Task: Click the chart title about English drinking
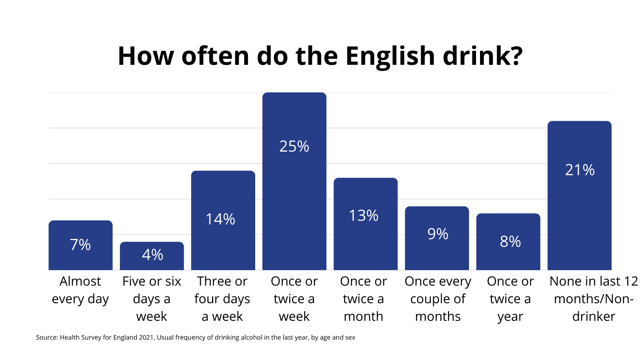click(320, 56)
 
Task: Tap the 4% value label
click(152, 255)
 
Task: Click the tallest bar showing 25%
click(294, 200)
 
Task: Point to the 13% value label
click(364, 216)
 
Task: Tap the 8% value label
click(510, 242)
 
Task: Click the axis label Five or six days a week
click(152, 299)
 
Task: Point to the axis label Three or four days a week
click(222, 299)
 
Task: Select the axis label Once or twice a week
click(294, 299)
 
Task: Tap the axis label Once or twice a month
click(364, 299)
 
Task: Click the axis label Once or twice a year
click(510, 299)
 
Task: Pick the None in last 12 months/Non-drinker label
click(594, 299)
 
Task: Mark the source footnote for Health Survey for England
click(195, 337)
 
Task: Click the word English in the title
click(390, 56)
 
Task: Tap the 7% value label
click(80, 245)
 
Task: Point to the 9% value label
click(438, 234)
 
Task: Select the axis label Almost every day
click(80, 290)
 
